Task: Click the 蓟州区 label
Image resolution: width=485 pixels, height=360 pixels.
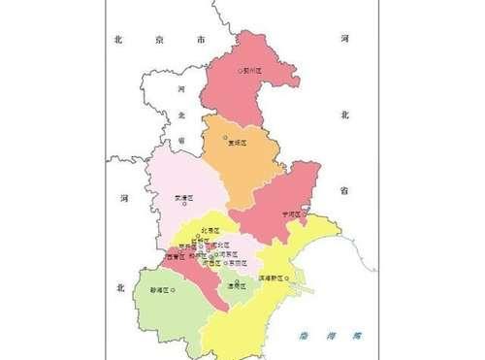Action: pyautogui.click(x=254, y=70)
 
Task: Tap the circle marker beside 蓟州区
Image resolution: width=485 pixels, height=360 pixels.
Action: pyautogui.click(x=242, y=70)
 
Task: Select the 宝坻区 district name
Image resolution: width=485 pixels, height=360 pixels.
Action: pyautogui.click(x=238, y=144)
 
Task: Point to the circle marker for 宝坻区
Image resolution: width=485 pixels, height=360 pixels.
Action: pyautogui.click(x=226, y=138)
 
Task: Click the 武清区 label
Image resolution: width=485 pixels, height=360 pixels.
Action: pyautogui.click(x=183, y=197)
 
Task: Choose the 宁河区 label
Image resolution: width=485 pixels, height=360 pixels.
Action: pyautogui.click(x=292, y=213)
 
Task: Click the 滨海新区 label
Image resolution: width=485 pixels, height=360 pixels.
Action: pyautogui.click(x=275, y=278)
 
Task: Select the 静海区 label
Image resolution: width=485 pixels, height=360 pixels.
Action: pyautogui.click(x=159, y=289)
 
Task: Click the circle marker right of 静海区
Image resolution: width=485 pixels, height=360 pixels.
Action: pyautogui.click(x=174, y=289)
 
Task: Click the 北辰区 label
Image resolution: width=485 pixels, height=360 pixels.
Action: pyautogui.click(x=210, y=231)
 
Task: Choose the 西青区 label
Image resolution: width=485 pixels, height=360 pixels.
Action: pyautogui.click(x=175, y=257)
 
